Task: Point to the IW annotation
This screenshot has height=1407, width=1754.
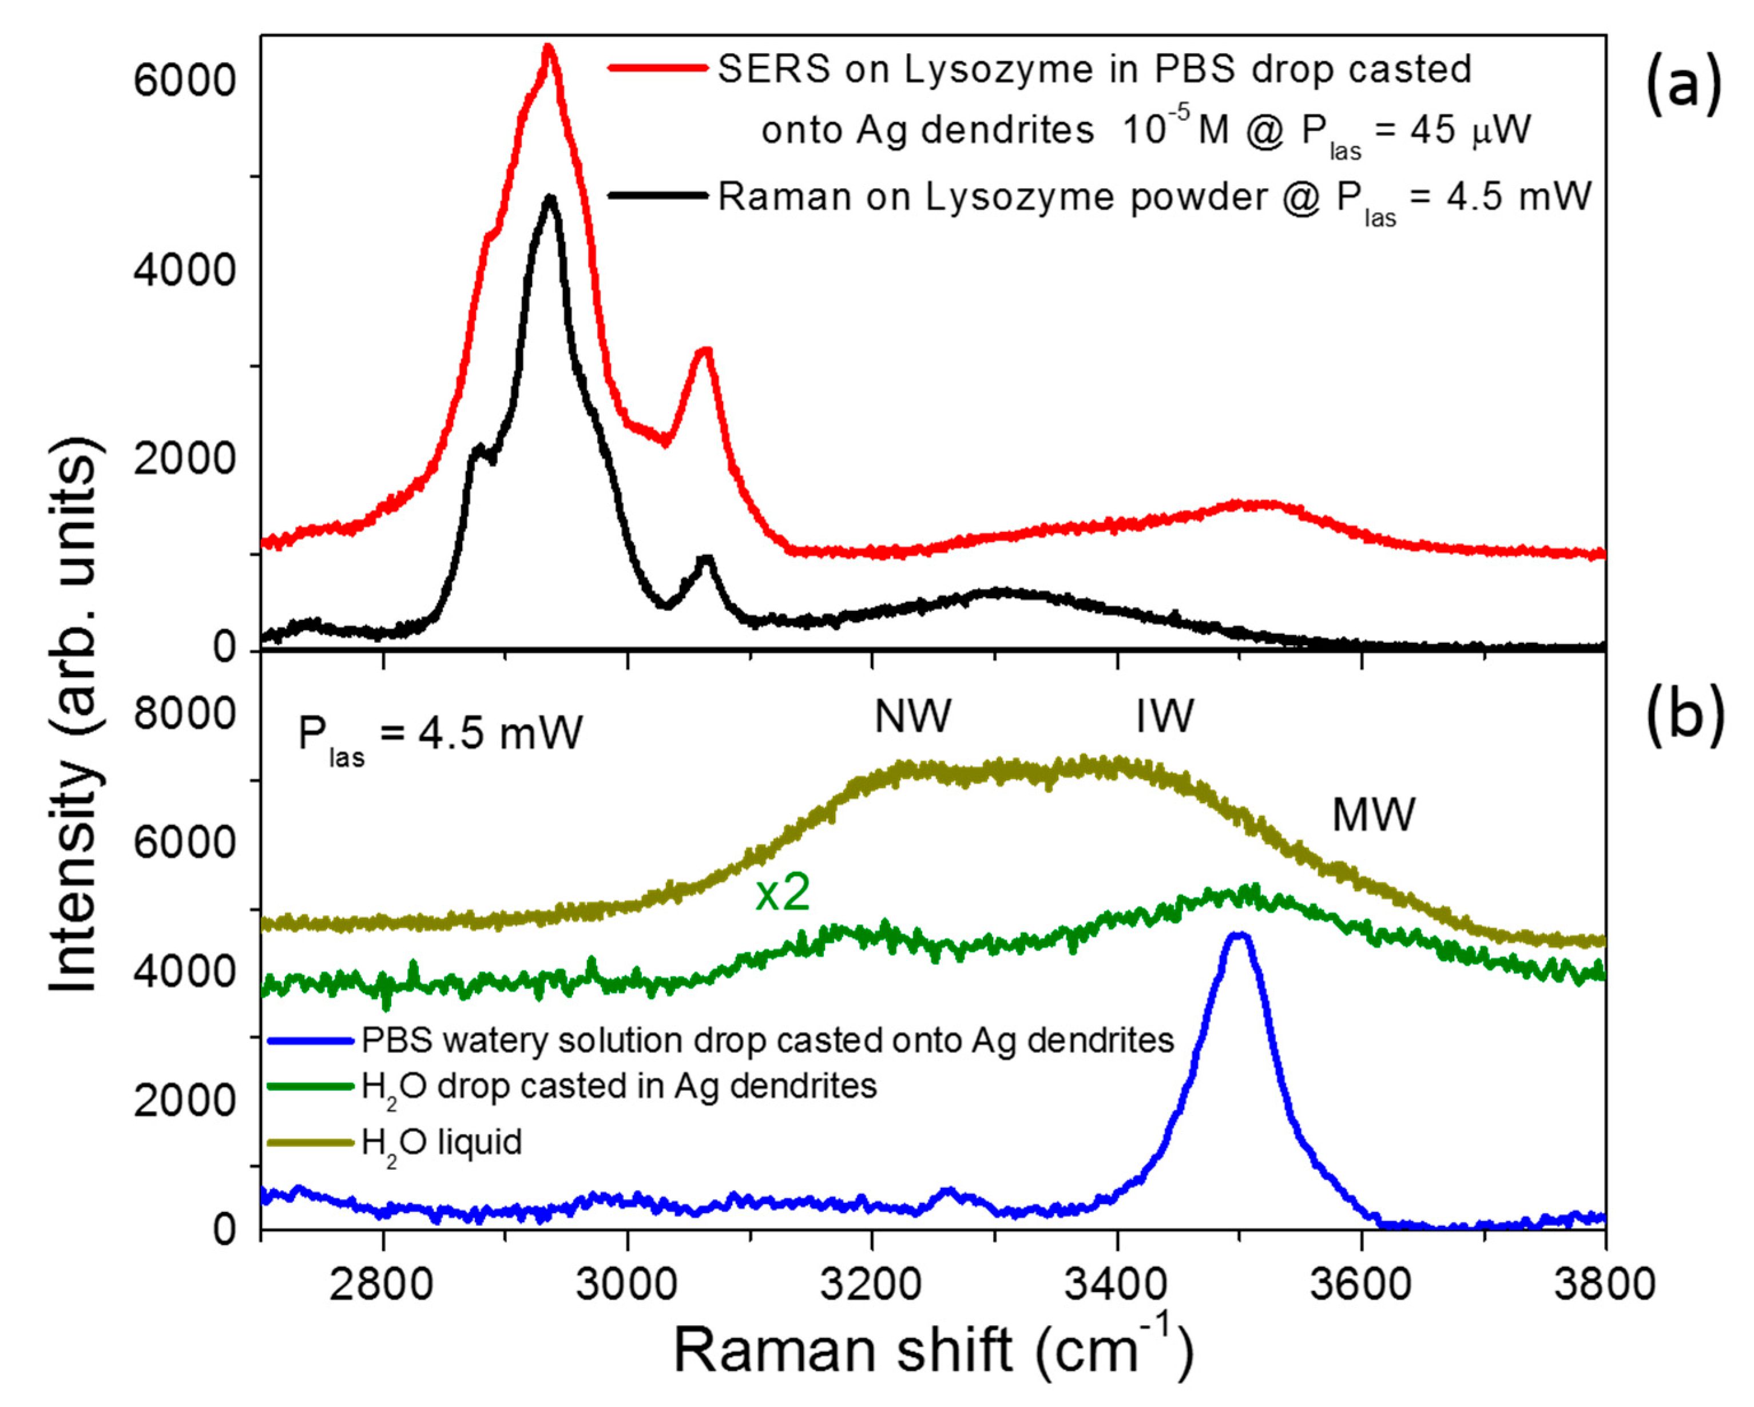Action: tap(1165, 717)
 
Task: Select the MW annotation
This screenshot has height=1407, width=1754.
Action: tap(1373, 814)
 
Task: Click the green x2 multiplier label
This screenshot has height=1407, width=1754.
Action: tap(783, 893)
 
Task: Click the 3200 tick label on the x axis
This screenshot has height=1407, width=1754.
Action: tap(872, 1285)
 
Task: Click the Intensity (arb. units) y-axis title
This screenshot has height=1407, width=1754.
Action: tap(75, 716)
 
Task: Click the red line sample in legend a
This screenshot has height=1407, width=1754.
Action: tap(657, 68)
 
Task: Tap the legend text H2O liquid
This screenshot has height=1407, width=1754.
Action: tap(442, 1143)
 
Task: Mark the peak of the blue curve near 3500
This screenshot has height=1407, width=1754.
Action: tap(1238, 936)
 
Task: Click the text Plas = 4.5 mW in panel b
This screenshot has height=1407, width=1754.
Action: tap(440, 734)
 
